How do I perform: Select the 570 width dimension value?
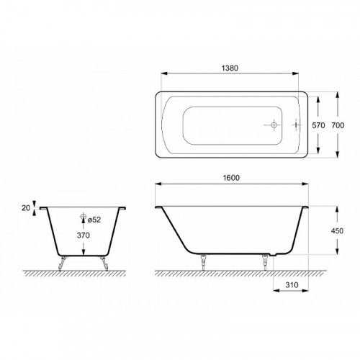pos(319,125)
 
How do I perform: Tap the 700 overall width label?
pos(346,125)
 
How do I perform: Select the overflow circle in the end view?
pos(84,217)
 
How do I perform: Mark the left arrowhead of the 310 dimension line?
pos(276,293)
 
